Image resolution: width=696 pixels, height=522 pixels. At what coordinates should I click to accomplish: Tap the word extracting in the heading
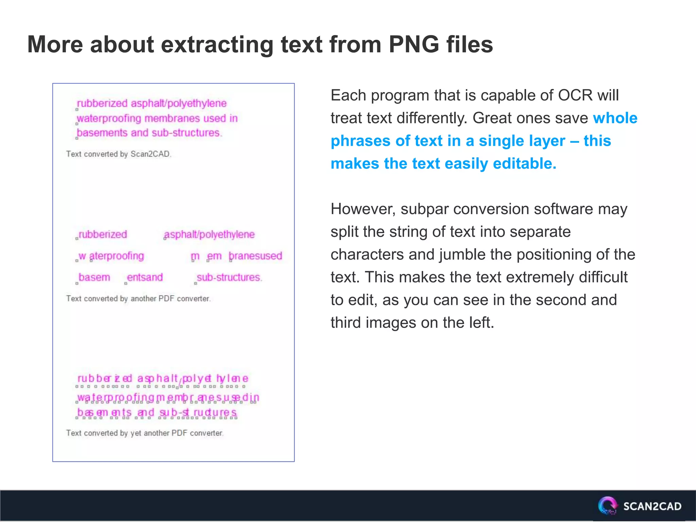217,45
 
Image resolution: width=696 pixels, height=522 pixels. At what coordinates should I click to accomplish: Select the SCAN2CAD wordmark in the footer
652,506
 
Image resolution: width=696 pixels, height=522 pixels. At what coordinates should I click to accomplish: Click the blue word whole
615,118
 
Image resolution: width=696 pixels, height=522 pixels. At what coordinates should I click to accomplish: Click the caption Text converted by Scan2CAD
119,154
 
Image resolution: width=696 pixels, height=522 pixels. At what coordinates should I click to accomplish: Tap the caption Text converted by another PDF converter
138,298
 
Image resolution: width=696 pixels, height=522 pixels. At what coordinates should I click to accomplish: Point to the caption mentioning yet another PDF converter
145,433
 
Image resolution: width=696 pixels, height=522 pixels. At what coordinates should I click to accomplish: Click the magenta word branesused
255,256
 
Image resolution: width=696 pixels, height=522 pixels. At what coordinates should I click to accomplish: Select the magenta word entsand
145,277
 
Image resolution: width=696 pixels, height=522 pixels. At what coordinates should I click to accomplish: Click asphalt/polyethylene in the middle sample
209,234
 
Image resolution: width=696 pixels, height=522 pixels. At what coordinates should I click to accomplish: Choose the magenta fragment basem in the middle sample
94,277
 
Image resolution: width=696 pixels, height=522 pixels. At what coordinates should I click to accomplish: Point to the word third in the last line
345,323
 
